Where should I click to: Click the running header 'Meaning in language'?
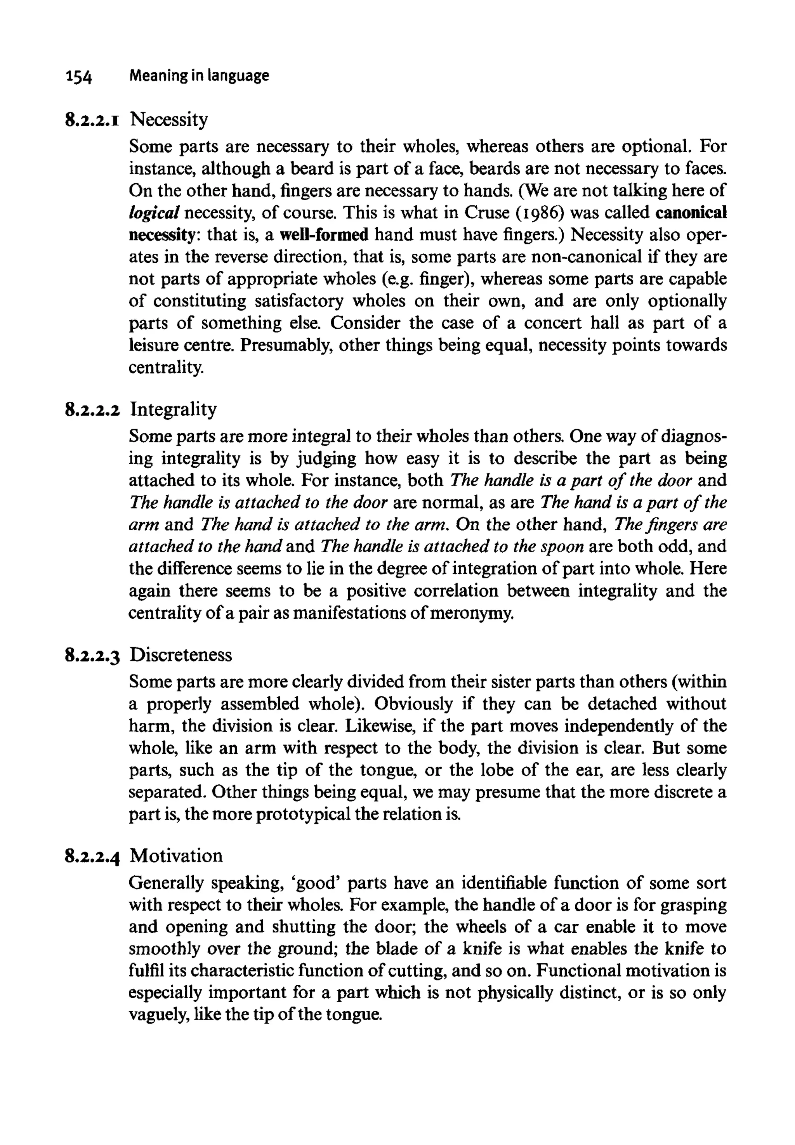pos(199,75)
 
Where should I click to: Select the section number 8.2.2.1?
pos(92,120)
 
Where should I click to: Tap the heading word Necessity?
pos(169,120)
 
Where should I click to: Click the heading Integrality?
pos(174,409)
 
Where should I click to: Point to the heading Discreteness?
pos(181,654)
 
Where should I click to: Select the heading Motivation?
pos(176,855)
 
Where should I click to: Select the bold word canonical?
pos(691,213)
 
